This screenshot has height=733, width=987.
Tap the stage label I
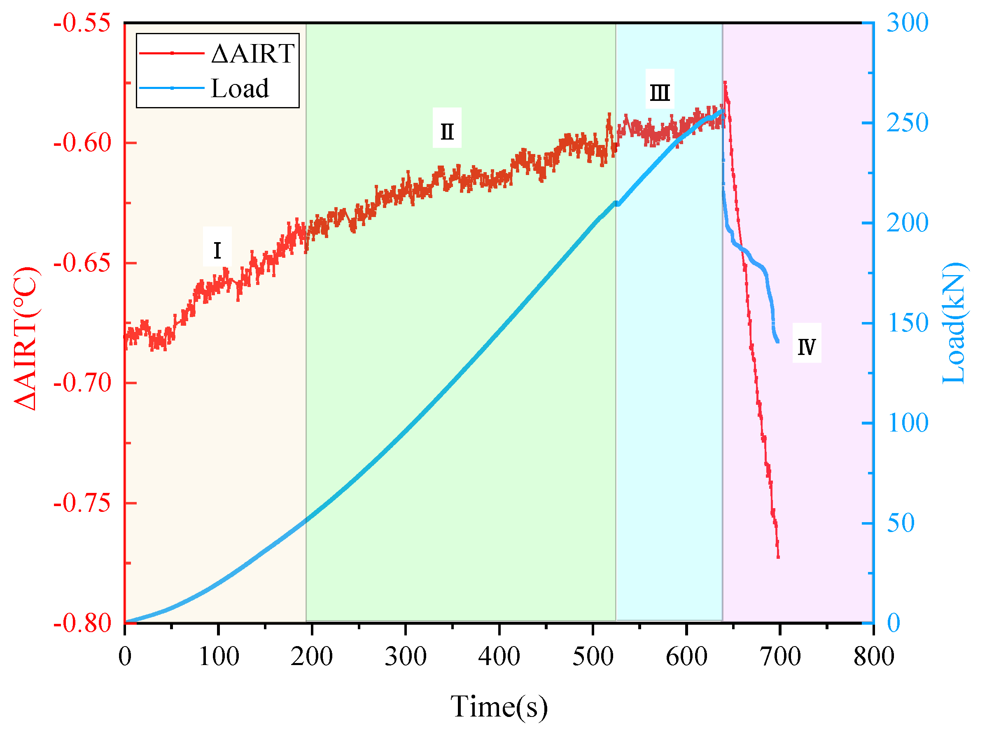(x=217, y=251)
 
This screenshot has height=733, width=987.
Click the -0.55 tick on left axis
(x=82, y=23)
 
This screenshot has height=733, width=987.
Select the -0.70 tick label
(x=82, y=383)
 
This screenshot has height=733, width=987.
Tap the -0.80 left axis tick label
(x=82, y=623)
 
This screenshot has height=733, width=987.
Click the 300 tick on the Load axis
(x=907, y=23)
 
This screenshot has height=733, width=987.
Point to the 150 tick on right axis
(x=907, y=323)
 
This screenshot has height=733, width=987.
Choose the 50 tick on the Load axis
(x=901, y=523)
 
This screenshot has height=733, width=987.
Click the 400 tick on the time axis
(x=499, y=657)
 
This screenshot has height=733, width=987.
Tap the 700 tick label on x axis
(x=780, y=657)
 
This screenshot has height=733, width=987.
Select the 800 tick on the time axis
(x=873, y=657)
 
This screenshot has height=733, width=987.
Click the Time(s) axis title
(x=499, y=706)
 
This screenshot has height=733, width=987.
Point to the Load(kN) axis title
(x=954, y=323)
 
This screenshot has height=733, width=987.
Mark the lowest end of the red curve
(x=778, y=557)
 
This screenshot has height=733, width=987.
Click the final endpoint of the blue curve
(x=778, y=342)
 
